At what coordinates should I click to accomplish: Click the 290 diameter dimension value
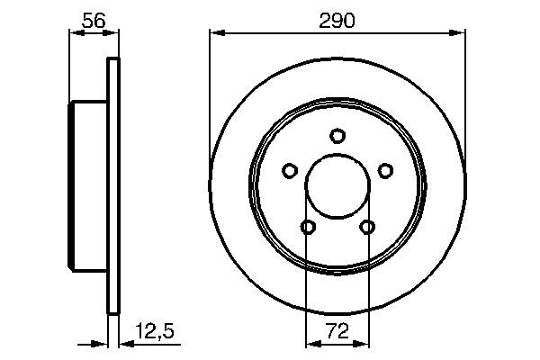(x=337, y=20)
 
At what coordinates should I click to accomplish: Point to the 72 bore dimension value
(x=337, y=332)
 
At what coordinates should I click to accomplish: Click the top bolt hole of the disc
(x=337, y=136)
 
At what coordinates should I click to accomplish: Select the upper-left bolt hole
(x=290, y=170)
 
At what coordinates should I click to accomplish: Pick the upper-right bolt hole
(x=385, y=170)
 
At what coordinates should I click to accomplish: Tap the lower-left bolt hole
(x=308, y=227)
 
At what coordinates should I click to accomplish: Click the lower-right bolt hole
(x=367, y=227)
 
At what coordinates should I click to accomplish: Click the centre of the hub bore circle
(x=337, y=186)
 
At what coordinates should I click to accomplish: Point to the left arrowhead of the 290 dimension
(x=214, y=34)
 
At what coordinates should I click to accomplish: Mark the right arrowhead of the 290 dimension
(x=461, y=34)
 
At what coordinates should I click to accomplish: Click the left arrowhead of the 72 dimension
(x=311, y=343)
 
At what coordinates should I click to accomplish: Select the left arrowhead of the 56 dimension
(x=74, y=34)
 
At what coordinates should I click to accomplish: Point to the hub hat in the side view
(x=88, y=186)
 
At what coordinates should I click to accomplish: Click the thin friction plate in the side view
(x=113, y=186)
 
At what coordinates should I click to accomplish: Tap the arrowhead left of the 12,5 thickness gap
(x=103, y=343)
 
